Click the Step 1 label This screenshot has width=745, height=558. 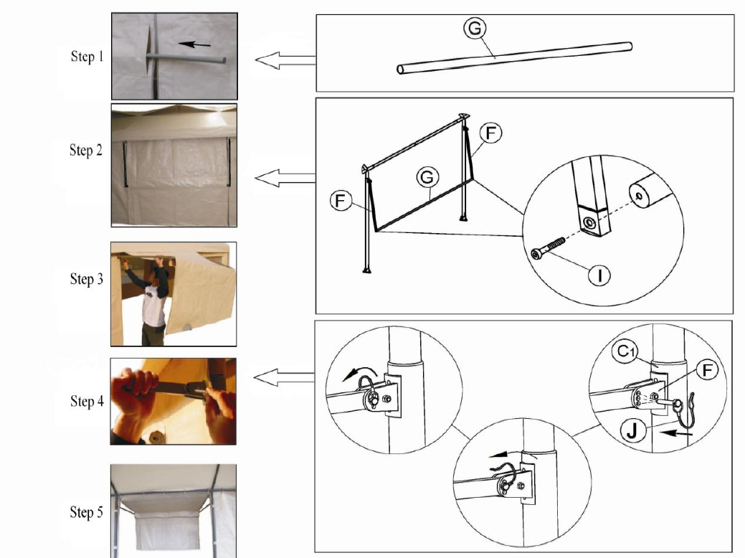[87, 56]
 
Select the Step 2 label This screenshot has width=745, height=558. [86, 150]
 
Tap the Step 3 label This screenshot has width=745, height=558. [87, 278]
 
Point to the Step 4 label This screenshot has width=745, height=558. [87, 401]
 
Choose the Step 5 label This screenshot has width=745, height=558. [87, 512]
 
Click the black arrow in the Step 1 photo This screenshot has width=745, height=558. [195, 44]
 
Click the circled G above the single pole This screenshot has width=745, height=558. [475, 29]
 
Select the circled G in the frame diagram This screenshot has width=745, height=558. [427, 177]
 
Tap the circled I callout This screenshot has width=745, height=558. [599, 275]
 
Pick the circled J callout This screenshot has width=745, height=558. [632, 432]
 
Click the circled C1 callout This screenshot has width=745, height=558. [625, 351]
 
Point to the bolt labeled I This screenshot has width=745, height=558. [548, 249]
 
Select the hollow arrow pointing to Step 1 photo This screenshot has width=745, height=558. [285, 60]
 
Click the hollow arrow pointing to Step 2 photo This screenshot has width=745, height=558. [285, 179]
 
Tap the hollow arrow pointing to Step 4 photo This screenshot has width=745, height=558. [284, 378]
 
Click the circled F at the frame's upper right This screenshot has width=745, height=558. [490, 133]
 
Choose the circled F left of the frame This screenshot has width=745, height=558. [340, 201]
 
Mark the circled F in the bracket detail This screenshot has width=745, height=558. [707, 370]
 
